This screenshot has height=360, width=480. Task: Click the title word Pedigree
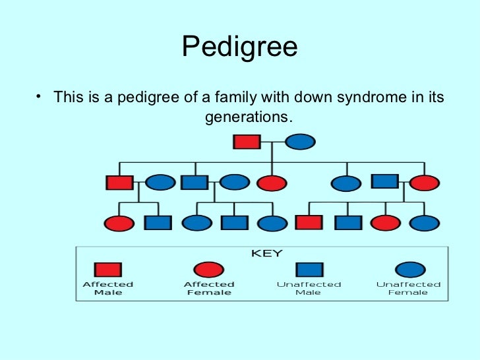point(239,47)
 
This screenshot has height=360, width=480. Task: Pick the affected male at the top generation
point(247,142)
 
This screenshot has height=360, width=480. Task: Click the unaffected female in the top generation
point(300,142)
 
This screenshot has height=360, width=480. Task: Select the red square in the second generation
point(119,183)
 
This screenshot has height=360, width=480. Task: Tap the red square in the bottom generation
point(309,223)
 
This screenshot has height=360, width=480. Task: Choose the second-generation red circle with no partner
point(272,183)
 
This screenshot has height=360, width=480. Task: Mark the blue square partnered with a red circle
point(385,181)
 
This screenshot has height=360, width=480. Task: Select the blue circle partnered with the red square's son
point(160,183)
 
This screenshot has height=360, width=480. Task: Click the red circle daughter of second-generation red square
point(118,224)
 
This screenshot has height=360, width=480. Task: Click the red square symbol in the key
point(108,269)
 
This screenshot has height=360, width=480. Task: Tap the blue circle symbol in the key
point(409,269)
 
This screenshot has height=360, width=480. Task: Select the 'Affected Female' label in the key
point(209,288)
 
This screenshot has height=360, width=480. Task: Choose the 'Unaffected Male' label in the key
point(309,288)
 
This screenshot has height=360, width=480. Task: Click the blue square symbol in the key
point(309,269)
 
